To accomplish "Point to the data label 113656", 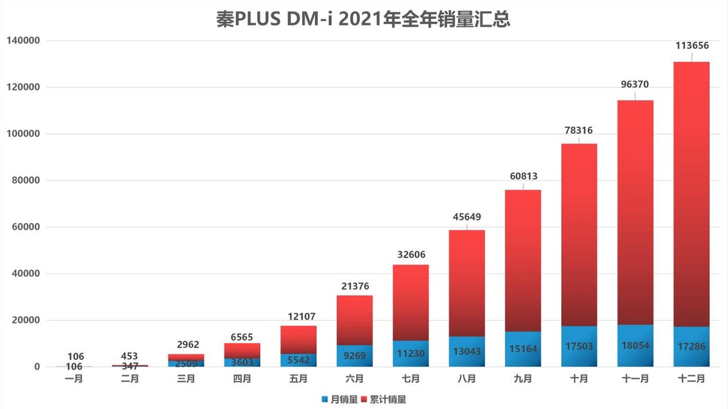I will coord(692,45).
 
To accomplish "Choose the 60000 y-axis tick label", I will coord(25,227).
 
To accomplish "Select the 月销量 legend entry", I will coord(340,399).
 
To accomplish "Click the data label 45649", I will coord(467,216).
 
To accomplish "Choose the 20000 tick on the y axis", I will coord(25,321).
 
